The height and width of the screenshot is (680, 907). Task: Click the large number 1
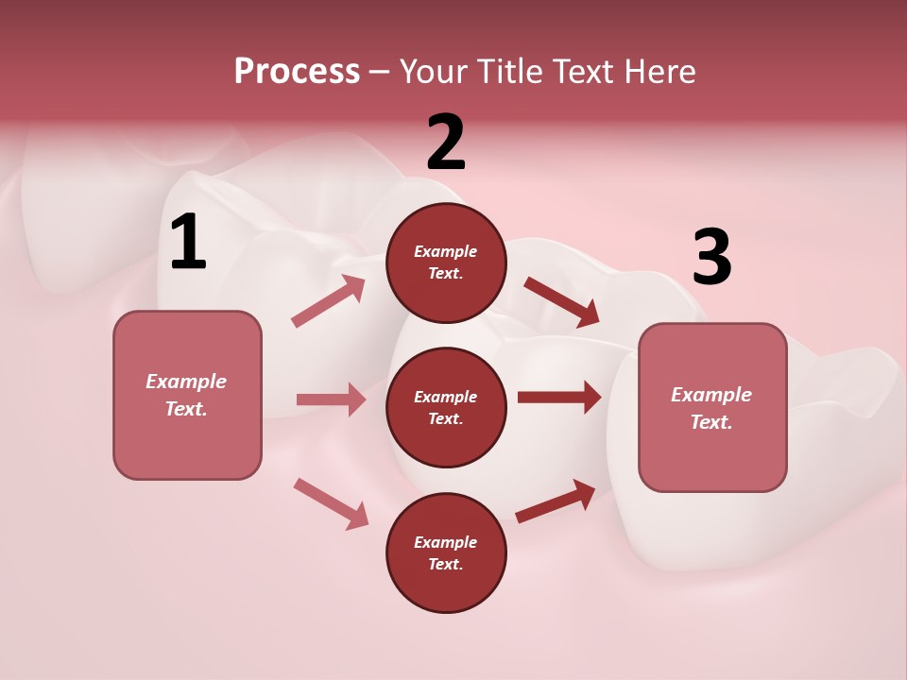tap(188, 243)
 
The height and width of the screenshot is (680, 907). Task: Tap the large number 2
tap(446, 144)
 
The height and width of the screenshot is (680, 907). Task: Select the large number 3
tap(711, 258)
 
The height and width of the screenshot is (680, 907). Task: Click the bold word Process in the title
tap(297, 71)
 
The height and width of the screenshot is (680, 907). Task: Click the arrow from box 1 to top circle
tap(329, 301)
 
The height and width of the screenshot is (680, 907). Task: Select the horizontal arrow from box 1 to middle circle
tap(331, 399)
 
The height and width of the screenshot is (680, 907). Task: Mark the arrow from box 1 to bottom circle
tap(331, 503)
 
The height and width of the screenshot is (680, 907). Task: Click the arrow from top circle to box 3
tap(561, 302)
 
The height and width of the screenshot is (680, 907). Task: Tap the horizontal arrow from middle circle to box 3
tap(559, 397)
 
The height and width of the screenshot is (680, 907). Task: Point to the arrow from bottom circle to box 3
tap(556, 501)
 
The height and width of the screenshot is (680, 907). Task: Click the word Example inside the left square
tap(186, 382)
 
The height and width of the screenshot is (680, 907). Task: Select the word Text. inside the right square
tap(711, 422)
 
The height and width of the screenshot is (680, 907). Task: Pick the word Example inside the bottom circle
tap(446, 542)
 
